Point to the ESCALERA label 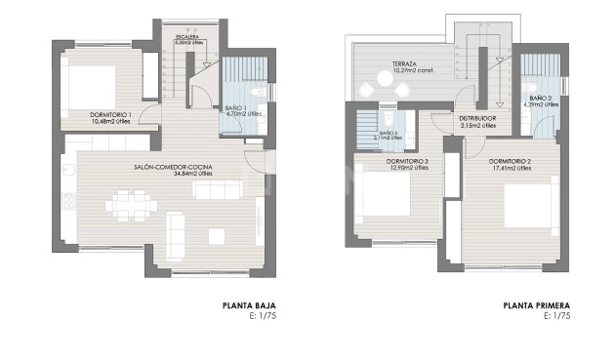tap(188, 37)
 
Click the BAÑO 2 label tap(543, 99)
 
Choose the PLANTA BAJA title tap(249, 305)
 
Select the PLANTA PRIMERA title tap(536, 305)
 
